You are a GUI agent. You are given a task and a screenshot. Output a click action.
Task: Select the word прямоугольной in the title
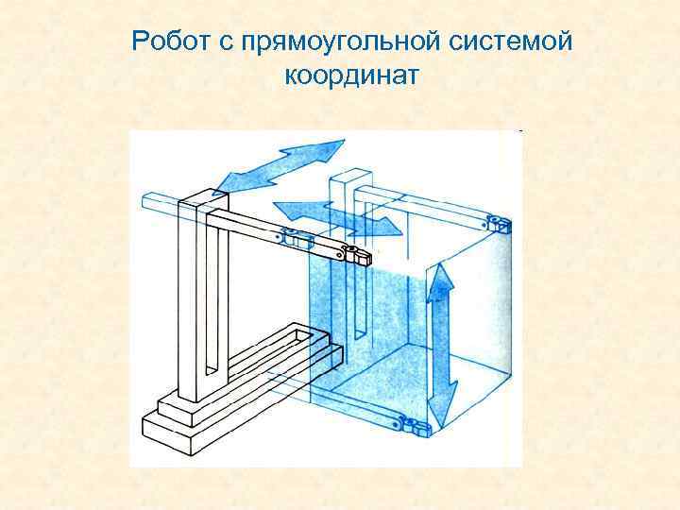point(336,42)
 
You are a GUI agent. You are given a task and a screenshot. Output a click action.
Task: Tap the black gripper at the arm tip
point(358,254)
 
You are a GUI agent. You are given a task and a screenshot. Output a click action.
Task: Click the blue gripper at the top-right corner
point(498,223)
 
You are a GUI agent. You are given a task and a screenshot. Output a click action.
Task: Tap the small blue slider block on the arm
point(295,240)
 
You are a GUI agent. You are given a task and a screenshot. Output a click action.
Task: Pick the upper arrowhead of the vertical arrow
point(439,281)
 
